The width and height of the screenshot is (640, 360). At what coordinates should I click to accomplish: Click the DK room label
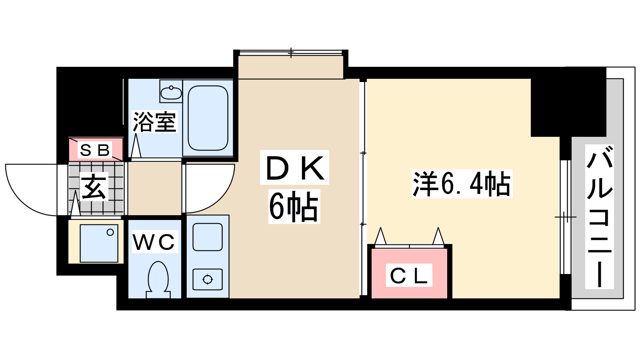[294, 168]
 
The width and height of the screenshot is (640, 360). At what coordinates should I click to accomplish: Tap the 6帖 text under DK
[294, 206]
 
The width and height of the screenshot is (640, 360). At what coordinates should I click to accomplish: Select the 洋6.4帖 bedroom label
[462, 184]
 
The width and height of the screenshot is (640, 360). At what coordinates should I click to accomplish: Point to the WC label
[154, 242]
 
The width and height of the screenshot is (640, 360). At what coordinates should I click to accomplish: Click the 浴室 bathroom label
[154, 122]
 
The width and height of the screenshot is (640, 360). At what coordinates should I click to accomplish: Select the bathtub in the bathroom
[208, 118]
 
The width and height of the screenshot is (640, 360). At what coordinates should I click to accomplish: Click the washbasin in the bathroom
[171, 92]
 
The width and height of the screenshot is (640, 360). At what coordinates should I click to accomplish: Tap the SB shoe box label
[95, 150]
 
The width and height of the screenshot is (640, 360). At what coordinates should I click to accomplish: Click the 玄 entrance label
[94, 187]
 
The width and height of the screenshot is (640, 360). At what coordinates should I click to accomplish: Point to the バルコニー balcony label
[599, 217]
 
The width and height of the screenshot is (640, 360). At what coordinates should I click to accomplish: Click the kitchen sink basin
[208, 237]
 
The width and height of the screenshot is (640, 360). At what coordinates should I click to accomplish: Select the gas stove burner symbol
[208, 279]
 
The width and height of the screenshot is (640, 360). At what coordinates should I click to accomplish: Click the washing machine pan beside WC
[99, 243]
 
